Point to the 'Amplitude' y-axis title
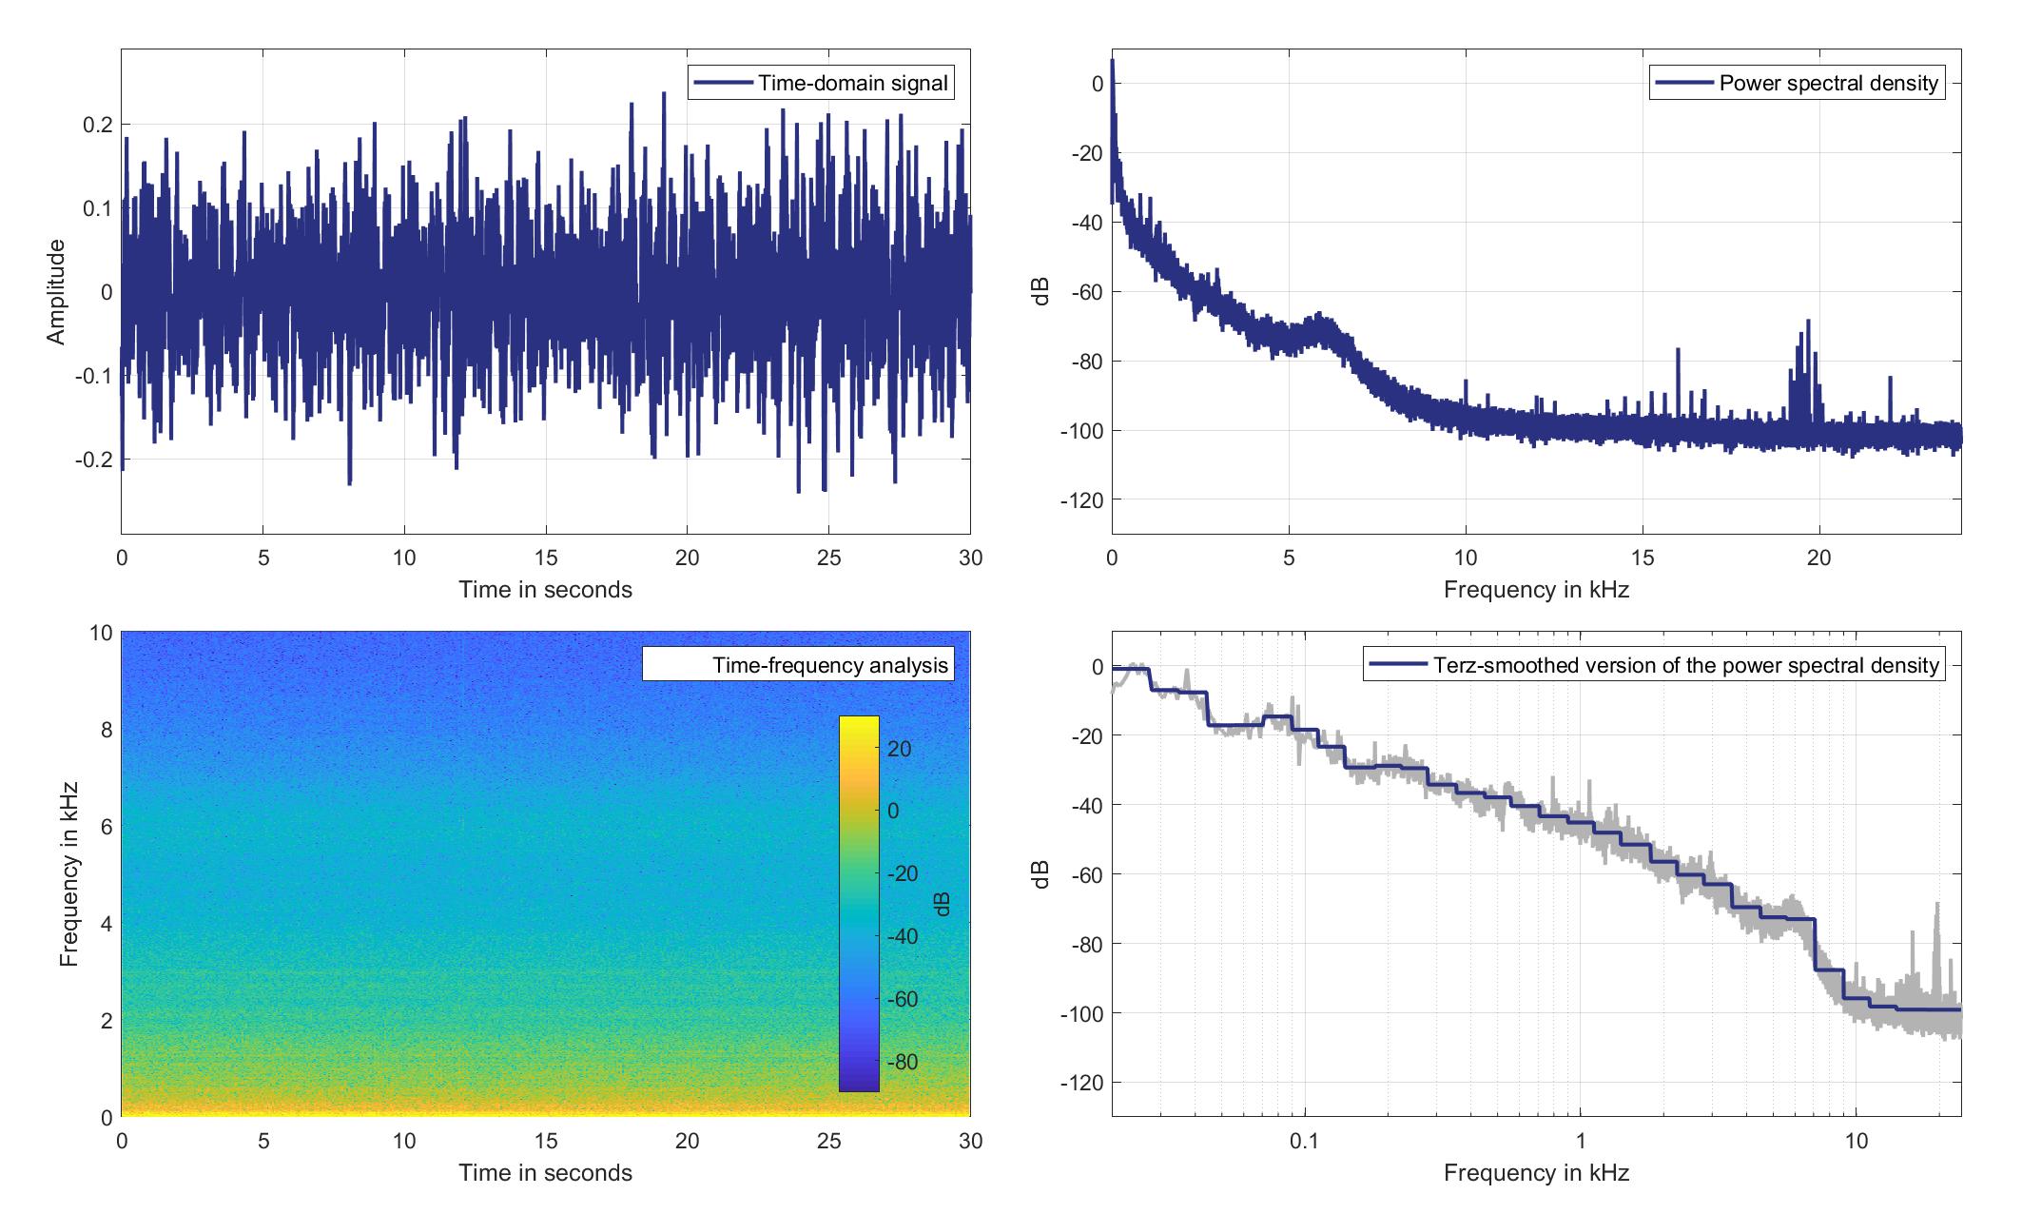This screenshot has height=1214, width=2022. click(x=56, y=292)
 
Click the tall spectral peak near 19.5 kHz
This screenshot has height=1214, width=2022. click(x=1807, y=323)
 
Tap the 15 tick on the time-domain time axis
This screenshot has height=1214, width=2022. click(x=546, y=558)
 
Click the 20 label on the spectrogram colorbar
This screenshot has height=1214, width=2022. click(x=900, y=749)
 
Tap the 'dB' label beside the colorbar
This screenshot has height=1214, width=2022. click(x=943, y=905)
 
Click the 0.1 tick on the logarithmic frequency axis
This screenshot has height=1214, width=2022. click(x=1305, y=1140)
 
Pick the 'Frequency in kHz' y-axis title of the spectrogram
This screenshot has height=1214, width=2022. click(x=69, y=873)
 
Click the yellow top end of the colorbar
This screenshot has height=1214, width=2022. click(x=859, y=723)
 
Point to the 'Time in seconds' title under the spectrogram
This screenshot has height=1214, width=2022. click(x=546, y=1172)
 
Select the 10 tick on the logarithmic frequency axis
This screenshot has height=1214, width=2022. click(x=1857, y=1140)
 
